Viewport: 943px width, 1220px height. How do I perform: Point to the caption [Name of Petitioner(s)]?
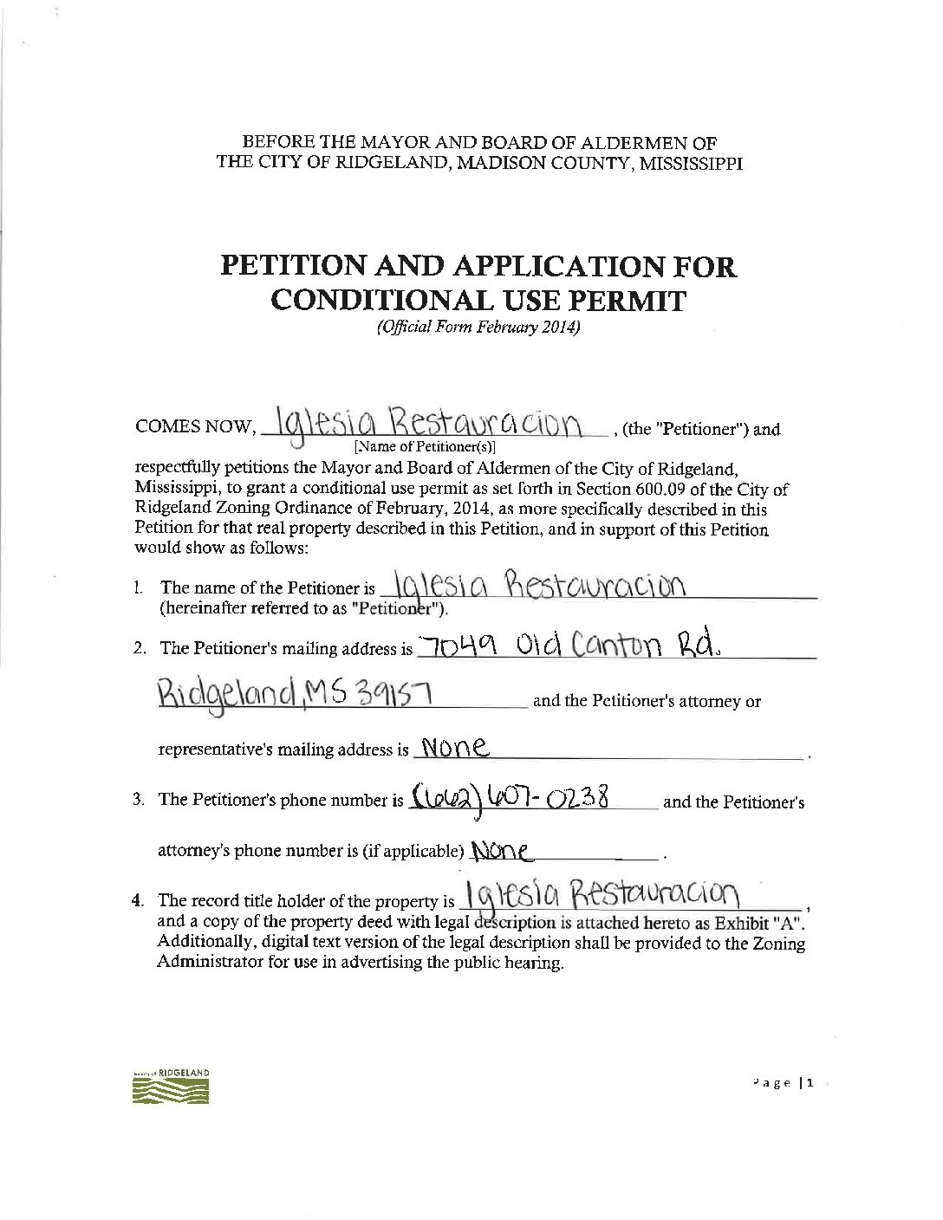[423, 448]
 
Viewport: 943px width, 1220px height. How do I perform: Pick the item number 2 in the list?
[139, 648]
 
